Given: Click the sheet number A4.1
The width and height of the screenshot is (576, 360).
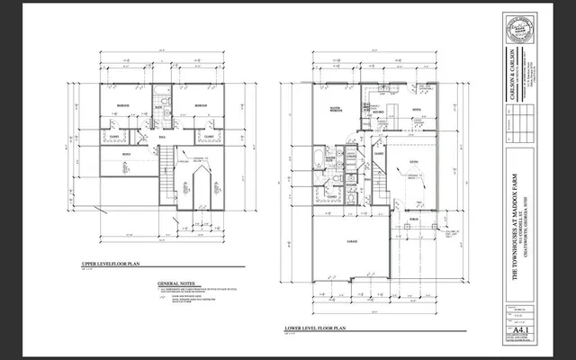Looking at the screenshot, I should pos(517,330).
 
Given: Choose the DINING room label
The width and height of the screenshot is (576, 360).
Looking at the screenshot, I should pos(417,111).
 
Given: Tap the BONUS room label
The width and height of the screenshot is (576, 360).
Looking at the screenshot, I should pos(126,154).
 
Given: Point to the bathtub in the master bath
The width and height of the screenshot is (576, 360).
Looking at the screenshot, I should pos(315,162).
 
